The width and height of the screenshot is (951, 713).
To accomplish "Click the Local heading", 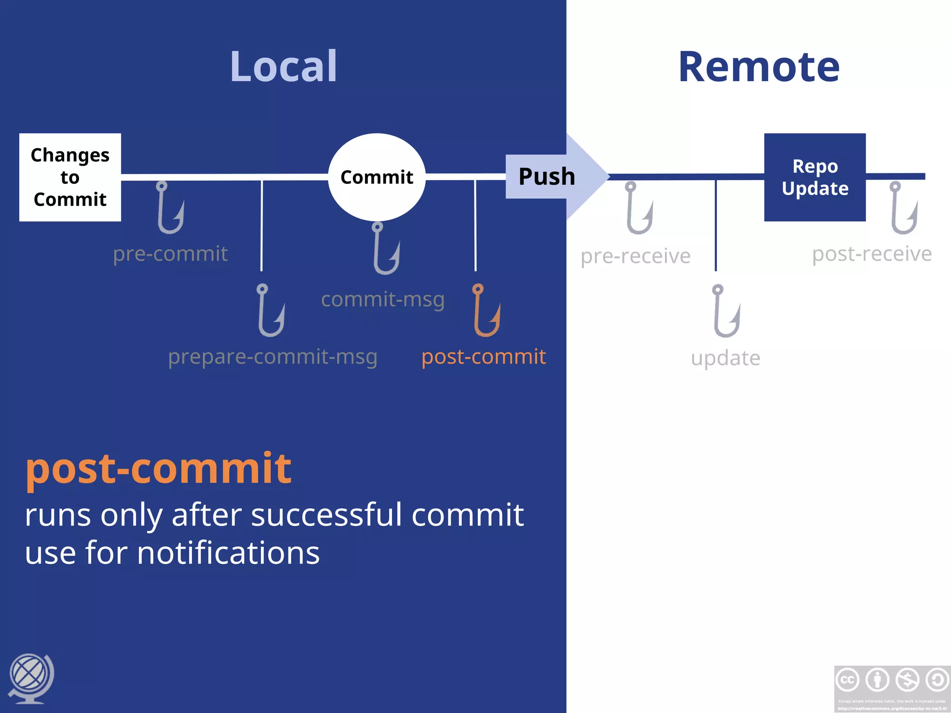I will pyautogui.click(x=283, y=67).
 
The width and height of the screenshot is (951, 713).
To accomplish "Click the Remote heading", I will pyautogui.click(x=759, y=67).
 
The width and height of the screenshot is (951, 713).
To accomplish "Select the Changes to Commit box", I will pyautogui.click(x=70, y=177).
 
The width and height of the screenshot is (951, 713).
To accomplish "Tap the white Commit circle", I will pyautogui.click(x=377, y=177).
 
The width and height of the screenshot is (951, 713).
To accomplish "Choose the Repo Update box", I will pyautogui.click(x=814, y=177).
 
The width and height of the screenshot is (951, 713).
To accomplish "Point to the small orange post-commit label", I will pyautogui.click(x=483, y=357).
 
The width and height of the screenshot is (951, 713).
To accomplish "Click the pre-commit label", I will pyautogui.click(x=170, y=254).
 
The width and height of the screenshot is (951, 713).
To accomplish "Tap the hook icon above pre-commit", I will pyautogui.click(x=170, y=207).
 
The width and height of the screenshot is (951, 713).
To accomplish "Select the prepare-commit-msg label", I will pyautogui.click(x=273, y=357).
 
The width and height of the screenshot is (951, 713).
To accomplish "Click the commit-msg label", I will pyautogui.click(x=383, y=299).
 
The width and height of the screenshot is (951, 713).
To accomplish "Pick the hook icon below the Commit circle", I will pyautogui.click(x=386, y=248).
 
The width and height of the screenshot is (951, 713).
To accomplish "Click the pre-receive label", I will pyautogui.click(x=635, y=256).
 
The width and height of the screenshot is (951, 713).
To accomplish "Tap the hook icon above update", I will pyautogui.click(x=726, y=311).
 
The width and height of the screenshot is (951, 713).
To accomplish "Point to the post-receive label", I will pyautogui.click(x=872, y=254).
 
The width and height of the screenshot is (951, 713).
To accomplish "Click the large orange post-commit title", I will pyautogui.click(x=158, y=468).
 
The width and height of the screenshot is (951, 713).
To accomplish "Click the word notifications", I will pyautogui.click(x=228, y=553).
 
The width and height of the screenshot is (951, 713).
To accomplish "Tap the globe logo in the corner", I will pyautogui.click(x=31, y=678).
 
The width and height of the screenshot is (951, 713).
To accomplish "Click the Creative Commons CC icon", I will pyautogui.click(x=847, y=680).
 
